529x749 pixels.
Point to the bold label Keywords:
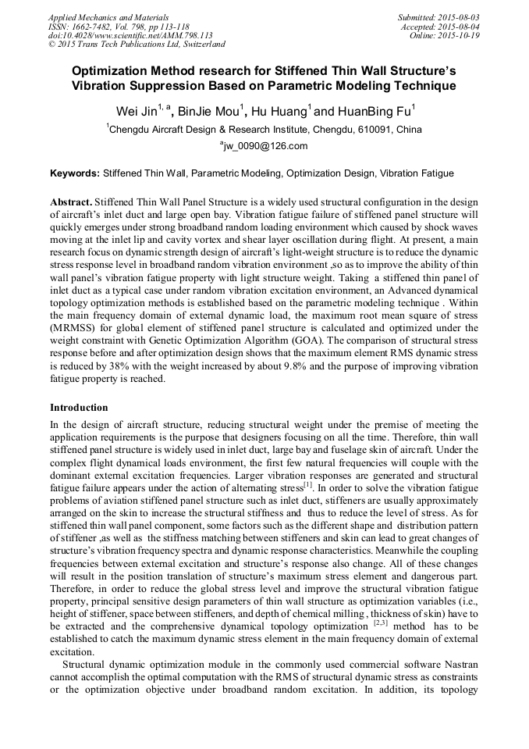click(75, 173)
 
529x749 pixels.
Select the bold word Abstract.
click(71, 202)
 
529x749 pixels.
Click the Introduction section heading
click(79, 407)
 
